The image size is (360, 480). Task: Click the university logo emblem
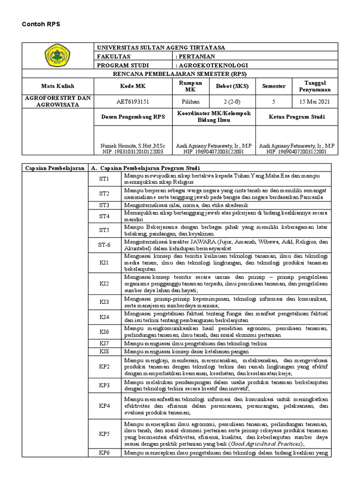57,56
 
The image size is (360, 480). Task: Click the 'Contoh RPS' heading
39,24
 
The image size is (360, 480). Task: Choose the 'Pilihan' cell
190,101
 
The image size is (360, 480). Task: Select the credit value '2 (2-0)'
232,101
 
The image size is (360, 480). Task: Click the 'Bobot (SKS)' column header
232,86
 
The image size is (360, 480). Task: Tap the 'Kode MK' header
133,86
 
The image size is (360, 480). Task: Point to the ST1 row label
104,179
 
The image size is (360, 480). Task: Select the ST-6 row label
104,245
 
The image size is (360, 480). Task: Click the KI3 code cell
104,301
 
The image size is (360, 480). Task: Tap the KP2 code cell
104,366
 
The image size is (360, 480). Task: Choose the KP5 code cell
104,434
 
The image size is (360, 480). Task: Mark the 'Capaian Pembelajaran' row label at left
54,168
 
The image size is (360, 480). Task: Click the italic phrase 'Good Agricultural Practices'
266,443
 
